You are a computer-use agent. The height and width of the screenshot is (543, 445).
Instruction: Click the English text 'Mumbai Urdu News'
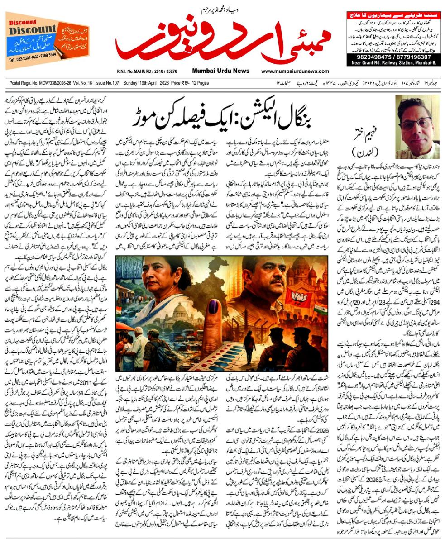point(220,71)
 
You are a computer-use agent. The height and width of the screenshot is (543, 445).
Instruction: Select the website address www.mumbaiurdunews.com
point(295,71)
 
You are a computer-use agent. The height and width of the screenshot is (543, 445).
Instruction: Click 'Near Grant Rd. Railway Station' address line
point(393,63)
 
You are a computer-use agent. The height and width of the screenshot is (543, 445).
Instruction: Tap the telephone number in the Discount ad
point(32,60)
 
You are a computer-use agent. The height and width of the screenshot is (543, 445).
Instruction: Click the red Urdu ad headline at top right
point(393,16)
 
